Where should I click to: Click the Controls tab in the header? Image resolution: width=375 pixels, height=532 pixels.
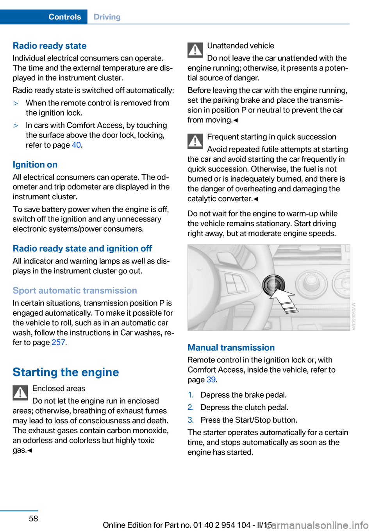64,17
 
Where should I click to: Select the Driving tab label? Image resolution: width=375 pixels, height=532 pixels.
107,17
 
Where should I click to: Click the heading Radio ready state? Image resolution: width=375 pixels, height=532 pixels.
50,46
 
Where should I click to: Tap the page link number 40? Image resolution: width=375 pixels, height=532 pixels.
76,145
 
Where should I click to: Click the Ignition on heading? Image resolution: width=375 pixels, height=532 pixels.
35,164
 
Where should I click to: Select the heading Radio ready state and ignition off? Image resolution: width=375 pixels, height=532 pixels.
82,248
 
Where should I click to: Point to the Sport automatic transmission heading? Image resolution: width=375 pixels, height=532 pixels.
75,291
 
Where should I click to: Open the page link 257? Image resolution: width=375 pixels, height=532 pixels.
58,343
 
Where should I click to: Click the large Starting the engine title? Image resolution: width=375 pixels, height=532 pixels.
66,372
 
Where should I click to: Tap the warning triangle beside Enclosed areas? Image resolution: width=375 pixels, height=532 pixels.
20,393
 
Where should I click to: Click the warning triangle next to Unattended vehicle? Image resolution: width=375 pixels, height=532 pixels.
195,50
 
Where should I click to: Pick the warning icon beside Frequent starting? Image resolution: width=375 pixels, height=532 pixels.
195,141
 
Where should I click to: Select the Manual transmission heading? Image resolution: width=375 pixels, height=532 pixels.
231,348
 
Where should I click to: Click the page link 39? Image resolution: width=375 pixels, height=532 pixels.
211,380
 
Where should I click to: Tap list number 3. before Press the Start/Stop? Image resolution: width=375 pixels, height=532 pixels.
191,420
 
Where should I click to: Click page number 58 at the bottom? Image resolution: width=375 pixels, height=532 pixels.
34,518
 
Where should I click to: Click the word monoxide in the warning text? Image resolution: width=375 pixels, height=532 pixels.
150,430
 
